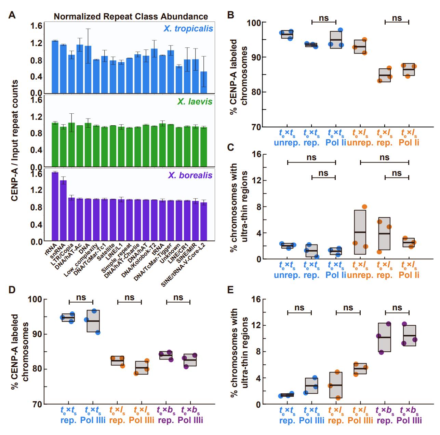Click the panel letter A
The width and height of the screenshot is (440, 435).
(x=12, y=15)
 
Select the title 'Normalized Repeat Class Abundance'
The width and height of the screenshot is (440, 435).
(x=131, y=16)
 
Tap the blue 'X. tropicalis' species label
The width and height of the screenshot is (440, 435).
(x=188, y=28)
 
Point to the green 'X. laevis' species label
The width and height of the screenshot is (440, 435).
(x=195, y=101)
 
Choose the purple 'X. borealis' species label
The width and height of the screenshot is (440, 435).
(x=190, y=176)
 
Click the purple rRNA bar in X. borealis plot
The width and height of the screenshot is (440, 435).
(x=55, y=207)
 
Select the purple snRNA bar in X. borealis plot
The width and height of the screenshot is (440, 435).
(x=63, y=211)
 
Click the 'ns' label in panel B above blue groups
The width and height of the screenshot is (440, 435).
(x=323, y=18)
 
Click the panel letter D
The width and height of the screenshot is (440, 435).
(x=12, y=290)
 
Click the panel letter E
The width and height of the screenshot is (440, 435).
(x=231, y=290)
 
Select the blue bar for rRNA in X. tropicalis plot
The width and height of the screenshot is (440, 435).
(x=55, y=67)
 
